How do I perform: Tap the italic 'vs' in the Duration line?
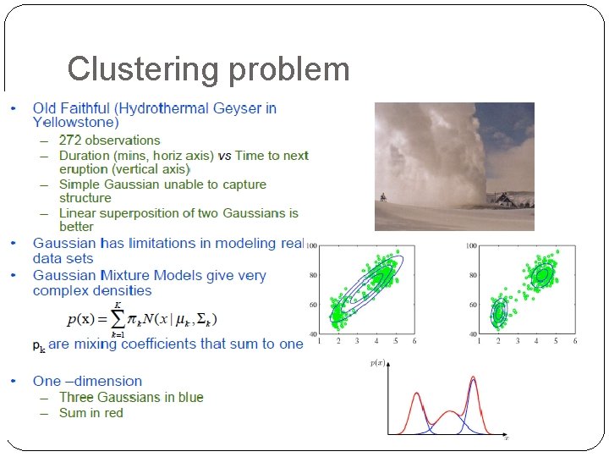click(x=224, y=156)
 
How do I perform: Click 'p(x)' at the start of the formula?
click(x=83, y=319)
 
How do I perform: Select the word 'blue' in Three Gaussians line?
click(x=189, y=398)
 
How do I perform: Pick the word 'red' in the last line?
click(x=113, y=413)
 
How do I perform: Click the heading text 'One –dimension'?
click(x=87, y=382)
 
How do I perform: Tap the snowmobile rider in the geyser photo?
click(x=384, y=198)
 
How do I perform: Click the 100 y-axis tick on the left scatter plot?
click(x=311, y=246)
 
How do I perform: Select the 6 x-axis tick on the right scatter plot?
click(x=575, y=341)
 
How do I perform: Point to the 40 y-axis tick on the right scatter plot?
click(x=471, y=334)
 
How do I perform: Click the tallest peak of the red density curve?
click(x=473, y=378)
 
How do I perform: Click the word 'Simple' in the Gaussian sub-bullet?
click(x=80, y=184)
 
